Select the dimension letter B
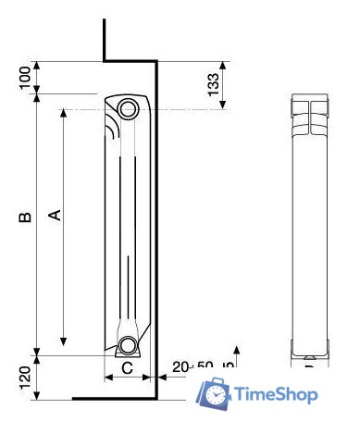pyautogui.click(x=25, y=217)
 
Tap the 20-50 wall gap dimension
pyautogui.click(x=192, y=367)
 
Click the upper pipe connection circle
pyautogui.click(x=129, y=108)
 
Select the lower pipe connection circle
pyautogui.click(x=128, y=347)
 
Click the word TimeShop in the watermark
pyautogui.click(x=277, y=395)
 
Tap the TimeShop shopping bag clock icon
pyautogui.click(x=214, y=392)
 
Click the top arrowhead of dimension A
pyautogui.click(x=63, y=114)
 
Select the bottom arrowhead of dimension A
pyautogui.click(x=63, y=341)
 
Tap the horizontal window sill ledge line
pyautogui.click(x=130, y=62)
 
